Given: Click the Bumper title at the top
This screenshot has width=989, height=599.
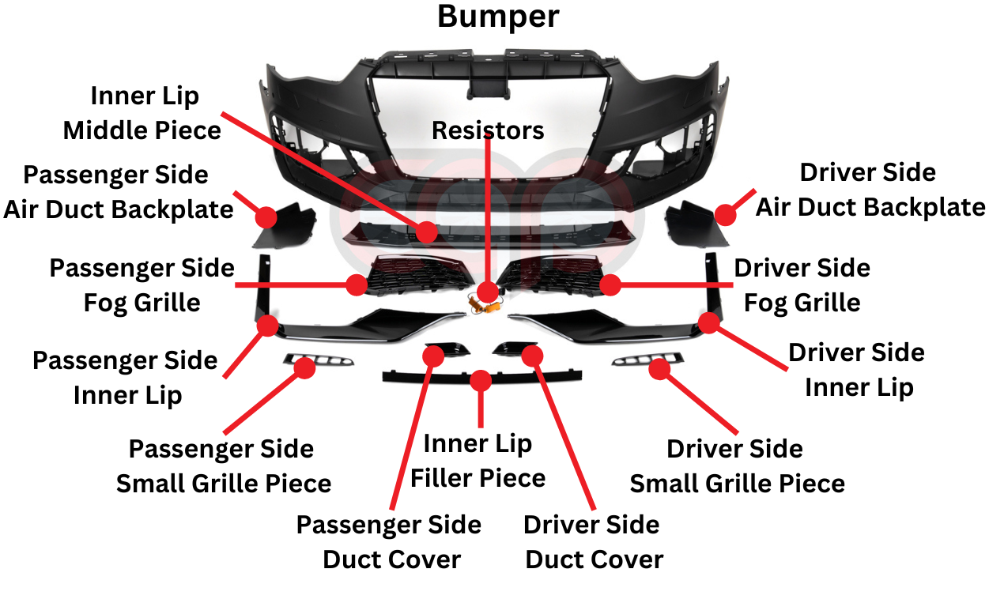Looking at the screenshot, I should [x=498, y=17].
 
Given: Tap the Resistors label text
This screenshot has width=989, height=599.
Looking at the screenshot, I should [x=488, y=130].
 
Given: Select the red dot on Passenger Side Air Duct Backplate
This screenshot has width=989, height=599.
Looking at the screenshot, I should [x=266, y=217].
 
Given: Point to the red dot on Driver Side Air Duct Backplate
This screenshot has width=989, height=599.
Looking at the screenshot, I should [x=724, y=214].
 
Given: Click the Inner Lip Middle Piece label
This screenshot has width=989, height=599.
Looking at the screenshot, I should [x=142, y=113].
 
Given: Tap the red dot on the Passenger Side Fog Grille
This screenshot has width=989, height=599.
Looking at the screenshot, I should [x=357, y=284].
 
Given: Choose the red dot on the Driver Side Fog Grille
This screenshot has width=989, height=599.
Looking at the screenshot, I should [x=610, y=284].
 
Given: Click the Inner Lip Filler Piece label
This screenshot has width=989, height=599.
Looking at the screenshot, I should [x=478, y=461].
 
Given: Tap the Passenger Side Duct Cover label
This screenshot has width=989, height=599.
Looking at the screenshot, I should [x=390, y=542].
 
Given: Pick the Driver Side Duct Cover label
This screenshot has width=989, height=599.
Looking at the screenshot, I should [x=593, y=542].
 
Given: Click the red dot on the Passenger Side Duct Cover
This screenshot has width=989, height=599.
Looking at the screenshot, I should [x=433, y=355].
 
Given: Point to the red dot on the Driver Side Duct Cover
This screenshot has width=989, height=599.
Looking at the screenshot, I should [x=532, y=355].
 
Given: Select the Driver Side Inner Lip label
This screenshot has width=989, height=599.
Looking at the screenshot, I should [x=858, y=370].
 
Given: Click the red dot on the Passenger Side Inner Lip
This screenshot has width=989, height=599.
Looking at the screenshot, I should [x=267, y=325].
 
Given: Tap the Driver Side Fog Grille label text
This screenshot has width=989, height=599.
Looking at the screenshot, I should [x=802, y=285].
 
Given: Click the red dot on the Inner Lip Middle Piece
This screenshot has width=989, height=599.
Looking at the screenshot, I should [x=427, y=232].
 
